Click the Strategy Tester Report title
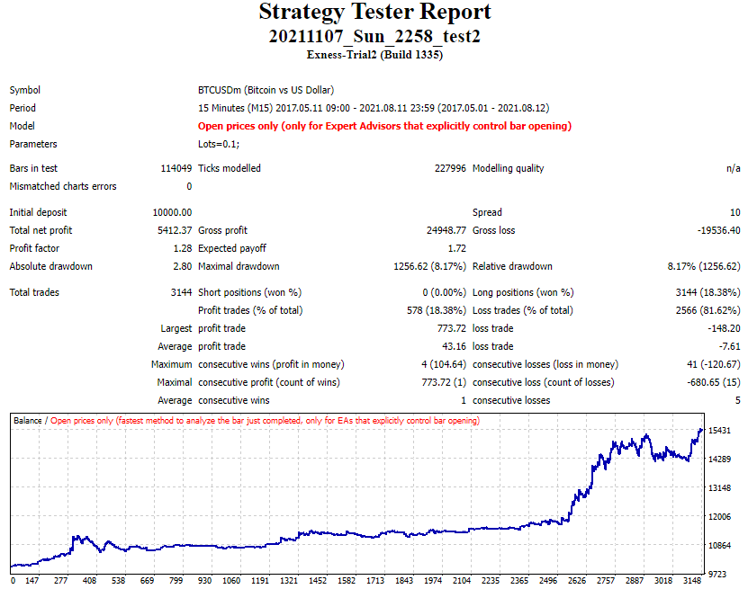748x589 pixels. pyautogui.click(x=374, y=13)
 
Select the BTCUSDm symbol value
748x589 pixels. pyautogui.click(x=266, y=90)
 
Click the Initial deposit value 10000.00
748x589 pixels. pyautogui.click(x=172, y=212)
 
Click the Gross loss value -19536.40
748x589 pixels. pyautogui.click(x=713, y=230)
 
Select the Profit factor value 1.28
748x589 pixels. pyautogui.click(x=182, y=248)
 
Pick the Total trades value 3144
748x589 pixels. pyautogui.click(x=180, y=292)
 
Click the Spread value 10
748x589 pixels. pyautogui.click(x=734, y=212)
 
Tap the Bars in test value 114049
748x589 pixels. pyautogui.click(x=173, y=168)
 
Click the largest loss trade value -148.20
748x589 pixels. pyautogui.click(x=723, y=328)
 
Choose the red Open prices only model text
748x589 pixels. pyautogui.click(x=384, y=126)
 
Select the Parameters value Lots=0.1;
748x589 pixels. pyautogui.click(x=219, y=144)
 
